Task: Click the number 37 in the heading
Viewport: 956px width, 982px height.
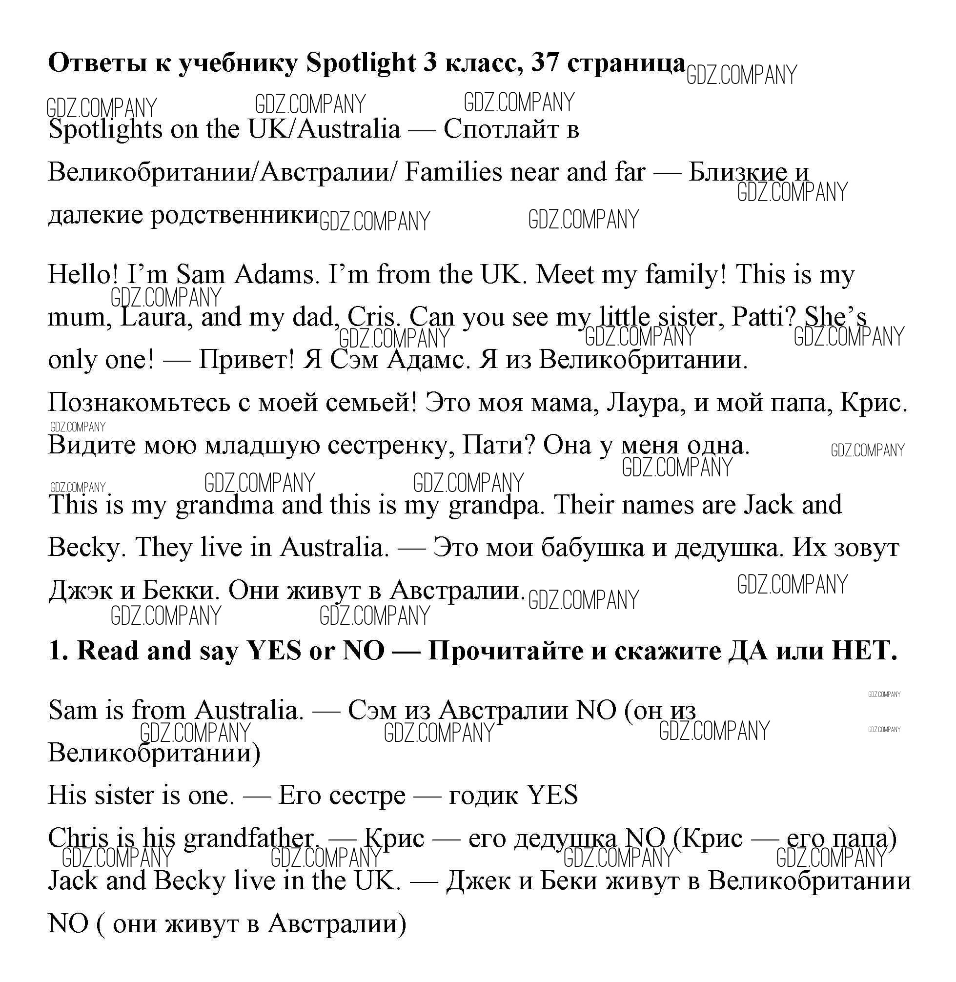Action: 544,63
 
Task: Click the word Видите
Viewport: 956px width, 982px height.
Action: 92,445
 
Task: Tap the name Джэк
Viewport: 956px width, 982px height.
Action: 81,591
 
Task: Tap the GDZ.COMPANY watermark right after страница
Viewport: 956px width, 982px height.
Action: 741,75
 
